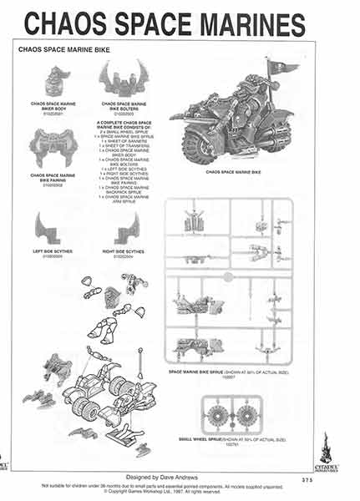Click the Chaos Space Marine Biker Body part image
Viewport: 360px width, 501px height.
coord(57,83)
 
